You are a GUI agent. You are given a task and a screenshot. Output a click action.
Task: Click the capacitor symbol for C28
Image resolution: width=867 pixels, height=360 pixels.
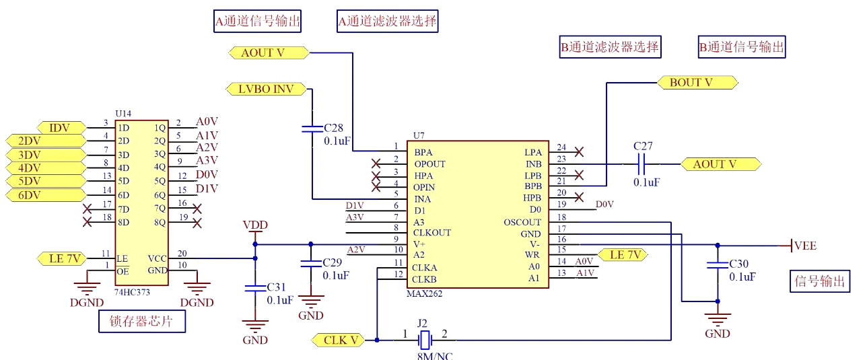[x=310, y=128]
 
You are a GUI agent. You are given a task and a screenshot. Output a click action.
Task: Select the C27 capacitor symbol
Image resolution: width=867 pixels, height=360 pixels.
[x=641, y=164]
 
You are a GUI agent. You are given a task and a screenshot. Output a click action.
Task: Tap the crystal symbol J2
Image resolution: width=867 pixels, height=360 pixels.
[x=424, y=339]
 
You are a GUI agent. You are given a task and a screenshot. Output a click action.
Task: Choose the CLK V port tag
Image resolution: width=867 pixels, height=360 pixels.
[x=339, y=340]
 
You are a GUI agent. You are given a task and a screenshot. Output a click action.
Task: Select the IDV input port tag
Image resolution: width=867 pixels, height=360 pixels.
[x=61, y=127]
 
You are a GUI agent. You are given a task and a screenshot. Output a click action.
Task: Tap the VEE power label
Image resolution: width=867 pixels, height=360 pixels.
[x=805, y=246]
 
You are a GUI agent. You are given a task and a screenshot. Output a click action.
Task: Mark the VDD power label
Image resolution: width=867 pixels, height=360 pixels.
[x=255, y=225]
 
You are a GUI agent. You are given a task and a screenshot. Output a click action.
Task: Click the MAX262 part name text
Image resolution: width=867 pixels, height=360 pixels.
[x=425, y=294]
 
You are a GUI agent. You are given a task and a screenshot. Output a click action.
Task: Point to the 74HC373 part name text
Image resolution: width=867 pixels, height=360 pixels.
[x=133, y=293]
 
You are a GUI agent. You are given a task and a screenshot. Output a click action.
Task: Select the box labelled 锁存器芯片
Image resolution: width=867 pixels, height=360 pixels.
[x=141, y=322]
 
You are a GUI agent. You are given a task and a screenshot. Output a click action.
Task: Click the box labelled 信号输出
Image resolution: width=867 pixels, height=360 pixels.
[x=819, y=281]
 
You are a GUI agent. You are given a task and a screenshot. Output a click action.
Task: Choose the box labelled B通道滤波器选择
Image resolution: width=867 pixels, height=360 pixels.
[x=610, y=47]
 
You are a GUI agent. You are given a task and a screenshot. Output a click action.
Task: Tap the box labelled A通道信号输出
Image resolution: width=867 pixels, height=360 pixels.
[x=257, y=22]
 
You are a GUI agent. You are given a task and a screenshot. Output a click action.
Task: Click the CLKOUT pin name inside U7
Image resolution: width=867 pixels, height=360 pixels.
[x=432, y=233]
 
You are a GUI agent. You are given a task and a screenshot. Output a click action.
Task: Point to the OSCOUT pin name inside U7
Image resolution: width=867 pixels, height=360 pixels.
[x=522, y=222]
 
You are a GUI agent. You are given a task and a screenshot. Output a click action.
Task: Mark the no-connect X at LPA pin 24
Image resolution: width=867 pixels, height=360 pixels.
[x=578, y=152]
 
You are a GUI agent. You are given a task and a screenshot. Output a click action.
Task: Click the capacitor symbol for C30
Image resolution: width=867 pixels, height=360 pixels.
[x=718, y=266]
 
